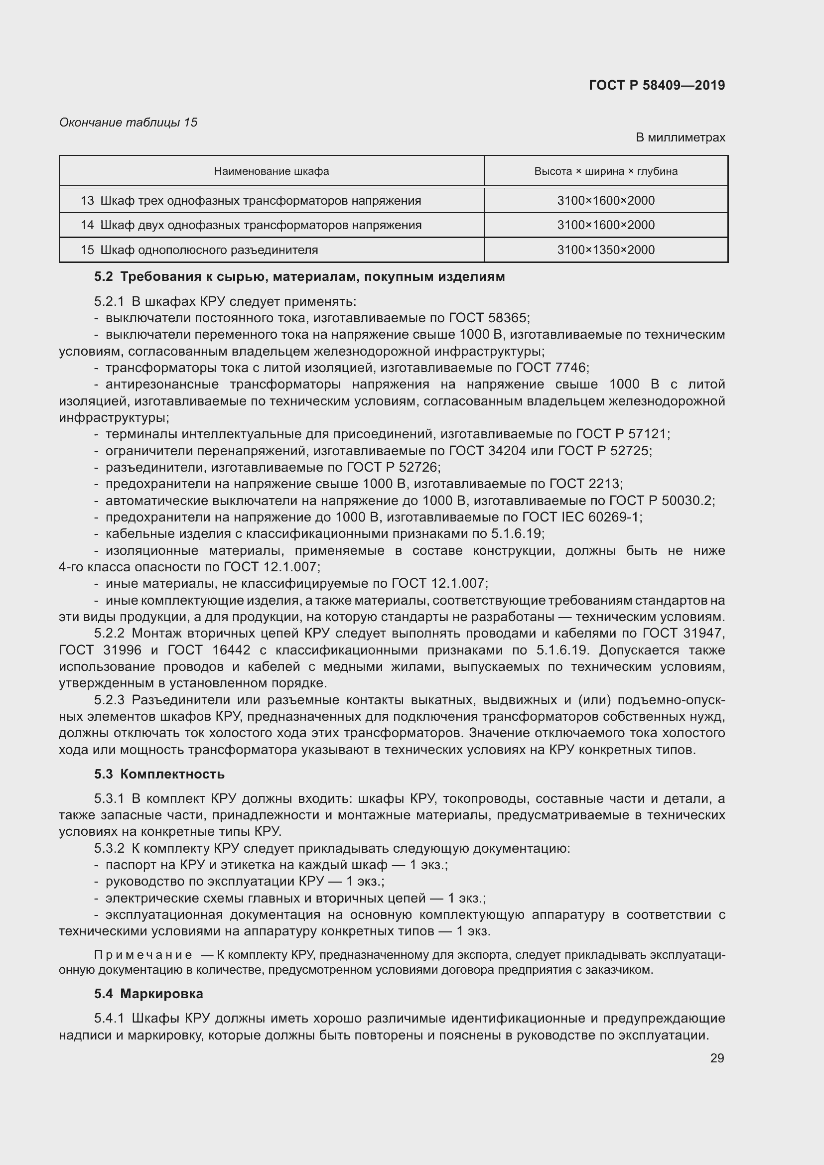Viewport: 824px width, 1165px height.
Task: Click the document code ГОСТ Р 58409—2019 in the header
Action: (x=657, y=85)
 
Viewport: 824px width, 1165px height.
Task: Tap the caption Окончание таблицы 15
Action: (x=128, y=123)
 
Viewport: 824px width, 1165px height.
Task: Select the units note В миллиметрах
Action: (x=680, y=137)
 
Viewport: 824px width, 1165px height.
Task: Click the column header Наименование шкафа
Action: (x=271, y=171)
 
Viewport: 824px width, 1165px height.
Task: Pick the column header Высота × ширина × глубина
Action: (x=605, y=171)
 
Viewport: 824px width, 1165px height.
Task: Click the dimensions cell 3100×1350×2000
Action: (x=605, y=250)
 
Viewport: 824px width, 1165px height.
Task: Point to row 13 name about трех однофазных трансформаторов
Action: (x=251, y=200)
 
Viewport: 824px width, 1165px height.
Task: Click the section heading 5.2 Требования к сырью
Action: (x=299, y=276)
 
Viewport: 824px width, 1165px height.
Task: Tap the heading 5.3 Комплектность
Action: (x=159, y=775)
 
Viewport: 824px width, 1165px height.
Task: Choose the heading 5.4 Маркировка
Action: (x=148, y=994)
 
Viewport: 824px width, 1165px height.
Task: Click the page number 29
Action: (x=716, y=1058)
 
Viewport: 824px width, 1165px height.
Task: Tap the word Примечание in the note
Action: (x=143, y=955)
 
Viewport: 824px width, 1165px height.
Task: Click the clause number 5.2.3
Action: (x=109, y=700)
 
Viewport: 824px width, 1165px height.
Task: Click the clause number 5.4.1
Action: (x=109, y=1019)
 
